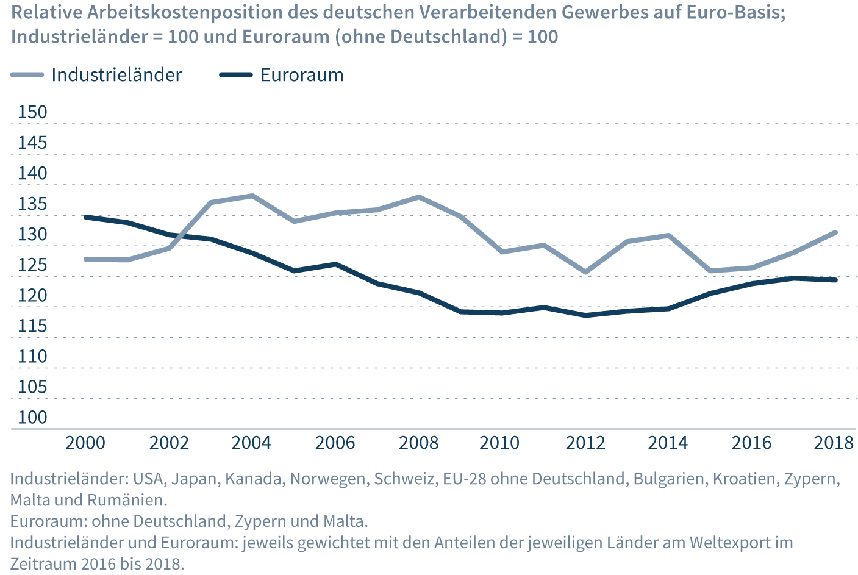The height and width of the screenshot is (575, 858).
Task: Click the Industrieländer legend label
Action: (116, 75)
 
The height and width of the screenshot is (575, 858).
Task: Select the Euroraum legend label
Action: (302, 75)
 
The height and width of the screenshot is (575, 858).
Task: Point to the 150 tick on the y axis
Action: (32, 112)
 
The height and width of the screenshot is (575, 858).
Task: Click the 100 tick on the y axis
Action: (32, 417)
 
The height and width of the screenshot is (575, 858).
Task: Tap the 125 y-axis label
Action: (32, 265)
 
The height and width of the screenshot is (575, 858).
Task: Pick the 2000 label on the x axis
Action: (85, 443)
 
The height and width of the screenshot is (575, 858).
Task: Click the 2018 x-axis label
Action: (834, 443)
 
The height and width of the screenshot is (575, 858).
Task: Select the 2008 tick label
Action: (418, 443)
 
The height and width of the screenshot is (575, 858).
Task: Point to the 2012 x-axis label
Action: (585, 443)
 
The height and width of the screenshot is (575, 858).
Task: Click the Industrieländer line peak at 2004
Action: (252, 196)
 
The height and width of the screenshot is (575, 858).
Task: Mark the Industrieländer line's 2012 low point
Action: (585, 272)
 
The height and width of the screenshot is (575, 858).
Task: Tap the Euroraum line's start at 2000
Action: (86, 217)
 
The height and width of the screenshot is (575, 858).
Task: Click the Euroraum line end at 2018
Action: (835, 280)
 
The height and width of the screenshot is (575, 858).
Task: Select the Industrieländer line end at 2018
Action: (835, 232)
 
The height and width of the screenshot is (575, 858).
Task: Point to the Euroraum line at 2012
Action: (585, 315)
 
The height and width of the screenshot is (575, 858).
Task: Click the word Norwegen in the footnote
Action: (329, 479)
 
